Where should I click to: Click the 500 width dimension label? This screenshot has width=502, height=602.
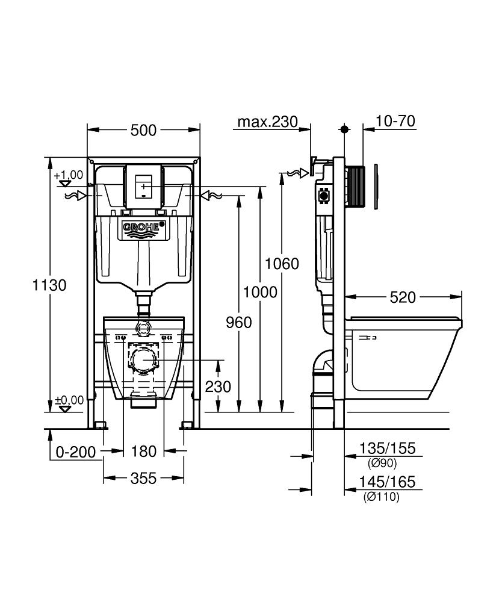tap(144, 129)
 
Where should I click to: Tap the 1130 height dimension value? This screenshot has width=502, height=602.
tap(48, 285)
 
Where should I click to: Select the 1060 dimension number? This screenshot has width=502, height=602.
tap(281, 264)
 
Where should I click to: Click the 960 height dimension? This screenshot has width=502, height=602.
tap(238, 323)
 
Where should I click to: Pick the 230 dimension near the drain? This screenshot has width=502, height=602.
tap(218, 386)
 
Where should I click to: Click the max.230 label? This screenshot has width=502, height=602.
tap(267, 122)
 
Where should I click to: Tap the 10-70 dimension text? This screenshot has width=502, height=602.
tap(395, 122)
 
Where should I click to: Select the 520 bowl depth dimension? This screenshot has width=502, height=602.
tap(403, 297)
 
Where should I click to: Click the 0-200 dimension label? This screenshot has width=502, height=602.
tap(76, 451)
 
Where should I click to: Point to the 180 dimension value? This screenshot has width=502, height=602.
tap(144, 451)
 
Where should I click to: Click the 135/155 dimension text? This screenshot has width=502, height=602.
tap(387, 449)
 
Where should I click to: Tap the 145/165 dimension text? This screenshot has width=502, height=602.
tap(387, 483)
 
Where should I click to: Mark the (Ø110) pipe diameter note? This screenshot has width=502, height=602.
tap(381, 497)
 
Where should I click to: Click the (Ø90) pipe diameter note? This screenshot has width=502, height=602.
tap(382, 463)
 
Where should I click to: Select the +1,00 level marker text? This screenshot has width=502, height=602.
tap(68, 175)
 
